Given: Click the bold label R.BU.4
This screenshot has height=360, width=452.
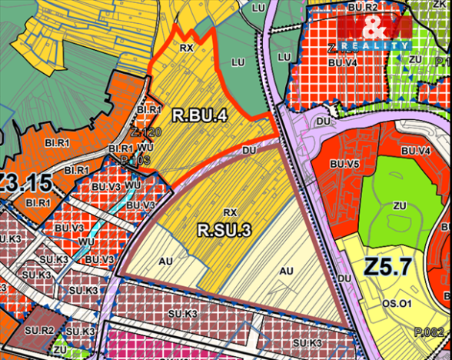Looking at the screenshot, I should [200, 117].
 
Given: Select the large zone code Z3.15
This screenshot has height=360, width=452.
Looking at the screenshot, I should [25, 184].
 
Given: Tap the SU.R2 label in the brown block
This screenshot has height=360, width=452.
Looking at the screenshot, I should [37, 330].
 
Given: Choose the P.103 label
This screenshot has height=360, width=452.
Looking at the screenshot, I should [133, 159].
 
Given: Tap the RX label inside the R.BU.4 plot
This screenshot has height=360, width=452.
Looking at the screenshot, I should [185, 48].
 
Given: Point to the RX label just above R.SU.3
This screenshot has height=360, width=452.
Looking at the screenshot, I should [228, 212].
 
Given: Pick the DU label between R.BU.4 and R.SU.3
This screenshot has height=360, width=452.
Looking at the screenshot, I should [248, 152].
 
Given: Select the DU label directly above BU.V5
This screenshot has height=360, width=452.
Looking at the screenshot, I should [323, 121].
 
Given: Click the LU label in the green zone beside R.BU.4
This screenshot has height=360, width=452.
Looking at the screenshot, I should [238, 62].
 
